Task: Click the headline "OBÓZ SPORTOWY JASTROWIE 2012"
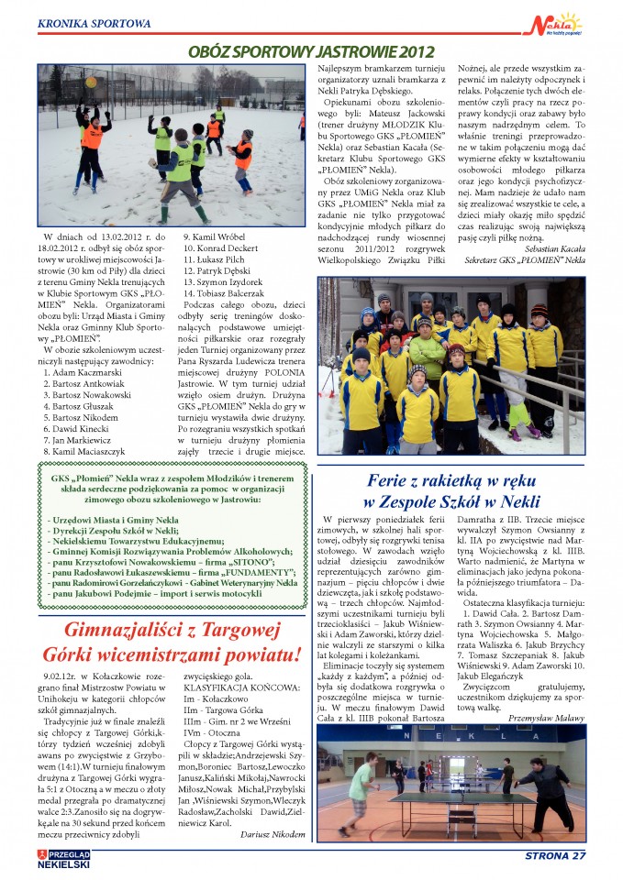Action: (310, 52)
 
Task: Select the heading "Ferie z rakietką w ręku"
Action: (451, 479)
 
